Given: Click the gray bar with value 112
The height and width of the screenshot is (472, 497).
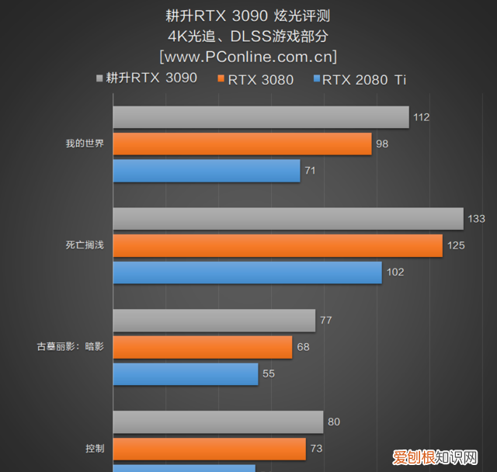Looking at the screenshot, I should pos(261,117).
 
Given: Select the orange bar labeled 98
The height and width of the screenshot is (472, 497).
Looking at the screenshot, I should pos(242,144).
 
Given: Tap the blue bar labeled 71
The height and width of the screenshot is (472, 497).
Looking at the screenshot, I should pos(207,171).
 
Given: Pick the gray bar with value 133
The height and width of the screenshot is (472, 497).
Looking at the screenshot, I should pos(288,219).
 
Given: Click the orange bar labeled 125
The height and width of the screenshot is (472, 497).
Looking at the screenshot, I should pos(277,245).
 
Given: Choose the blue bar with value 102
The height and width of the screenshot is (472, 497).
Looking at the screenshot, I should pos(247,272).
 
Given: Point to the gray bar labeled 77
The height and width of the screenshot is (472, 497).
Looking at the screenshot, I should pos(214,321).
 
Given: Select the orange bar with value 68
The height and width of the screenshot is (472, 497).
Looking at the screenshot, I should pos(203,347).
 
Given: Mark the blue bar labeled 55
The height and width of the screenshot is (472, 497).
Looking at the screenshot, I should pos(186,374).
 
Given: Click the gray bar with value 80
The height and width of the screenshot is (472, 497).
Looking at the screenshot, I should pos(218,422).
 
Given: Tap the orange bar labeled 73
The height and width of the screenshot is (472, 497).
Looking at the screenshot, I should pos(210,449).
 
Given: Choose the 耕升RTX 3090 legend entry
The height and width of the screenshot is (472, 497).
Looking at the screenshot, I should pos(146,78).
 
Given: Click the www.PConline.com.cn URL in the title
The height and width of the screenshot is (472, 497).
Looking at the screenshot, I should pos(248,57).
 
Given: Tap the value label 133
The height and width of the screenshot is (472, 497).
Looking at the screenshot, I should pos(476,219).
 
